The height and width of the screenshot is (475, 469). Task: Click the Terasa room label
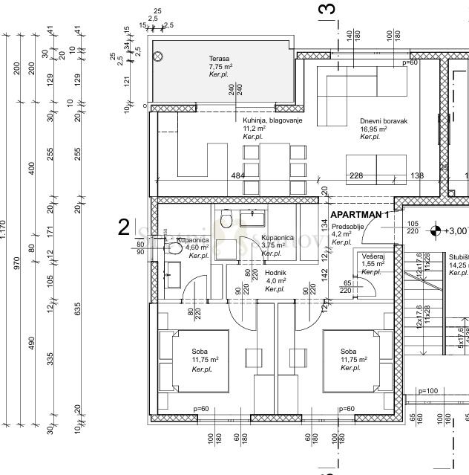[x=220, y=59]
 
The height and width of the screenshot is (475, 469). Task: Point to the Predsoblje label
[x=347, y=226]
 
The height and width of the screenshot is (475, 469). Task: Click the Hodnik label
[x=276, y=273]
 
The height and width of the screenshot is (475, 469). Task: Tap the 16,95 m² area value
[x=375, y=129]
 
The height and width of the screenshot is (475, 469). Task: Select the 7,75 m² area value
[x=220, y=67]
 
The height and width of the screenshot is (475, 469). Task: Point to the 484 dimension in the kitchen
[x=238, y=176]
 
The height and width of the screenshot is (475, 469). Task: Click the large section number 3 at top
[x=327, y=10]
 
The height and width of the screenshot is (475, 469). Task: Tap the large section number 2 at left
[x=124, y=227]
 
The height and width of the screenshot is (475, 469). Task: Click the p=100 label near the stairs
[x=429, y=390]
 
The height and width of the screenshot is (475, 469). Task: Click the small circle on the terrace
[x=157, y=55]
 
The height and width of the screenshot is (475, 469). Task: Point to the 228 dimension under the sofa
[x=357, y=176]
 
